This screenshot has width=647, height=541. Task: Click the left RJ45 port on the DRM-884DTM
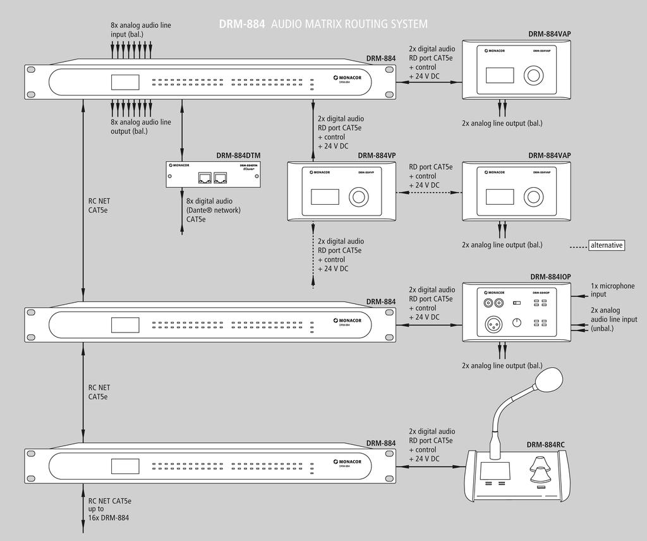point(205,178)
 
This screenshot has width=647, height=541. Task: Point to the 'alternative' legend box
point(606,245)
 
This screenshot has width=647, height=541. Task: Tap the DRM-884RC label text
point(546,444)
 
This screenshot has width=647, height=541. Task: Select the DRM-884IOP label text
point(550,277)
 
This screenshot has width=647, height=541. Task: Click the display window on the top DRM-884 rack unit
point(124,83)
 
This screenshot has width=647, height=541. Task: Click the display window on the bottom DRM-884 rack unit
point(124,467)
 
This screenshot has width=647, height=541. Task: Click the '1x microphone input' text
point(612,290)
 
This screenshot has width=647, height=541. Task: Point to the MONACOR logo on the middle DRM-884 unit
point(349,321)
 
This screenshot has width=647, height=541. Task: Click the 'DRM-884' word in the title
point(242,24)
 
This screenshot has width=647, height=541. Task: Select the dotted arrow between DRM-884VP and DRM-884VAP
point(428,193)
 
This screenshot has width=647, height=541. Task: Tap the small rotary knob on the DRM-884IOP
point(518,323)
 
